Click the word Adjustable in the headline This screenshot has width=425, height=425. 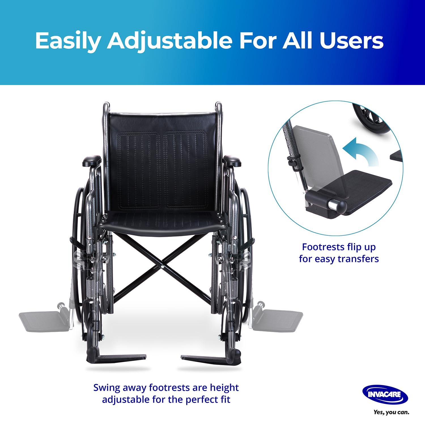point(169,41)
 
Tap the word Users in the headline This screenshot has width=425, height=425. point(351,41)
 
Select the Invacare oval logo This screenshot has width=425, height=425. point(385,394)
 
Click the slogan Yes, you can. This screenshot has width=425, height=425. point(391,412)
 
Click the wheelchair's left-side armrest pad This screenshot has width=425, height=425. point(92,161)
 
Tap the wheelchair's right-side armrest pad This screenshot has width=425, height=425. point(232,161)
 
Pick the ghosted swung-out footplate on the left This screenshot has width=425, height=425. point(44,321)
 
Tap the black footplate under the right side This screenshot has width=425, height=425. point(207,359)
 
